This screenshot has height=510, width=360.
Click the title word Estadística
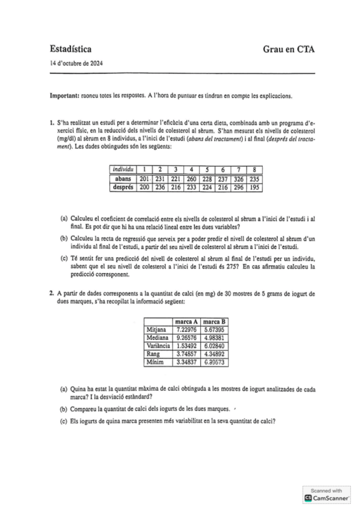[71, 51]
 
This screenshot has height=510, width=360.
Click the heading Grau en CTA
[288, 51]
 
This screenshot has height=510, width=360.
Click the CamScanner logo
[327, 498]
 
